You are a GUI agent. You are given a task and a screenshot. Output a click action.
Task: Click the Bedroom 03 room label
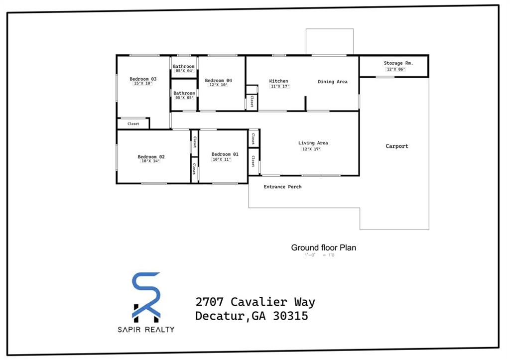tap(143, 79)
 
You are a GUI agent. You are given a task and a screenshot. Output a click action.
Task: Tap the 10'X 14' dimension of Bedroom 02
tap(151, 161)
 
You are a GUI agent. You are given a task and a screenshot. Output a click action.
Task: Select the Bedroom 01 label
tap(225, 154)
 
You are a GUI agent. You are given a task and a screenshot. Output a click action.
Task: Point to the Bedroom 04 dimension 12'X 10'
tap(218, 85)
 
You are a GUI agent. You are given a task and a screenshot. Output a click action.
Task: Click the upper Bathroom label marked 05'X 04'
tap(184, 67)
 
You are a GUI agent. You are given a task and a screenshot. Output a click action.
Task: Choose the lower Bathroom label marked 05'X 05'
tap(184, 94)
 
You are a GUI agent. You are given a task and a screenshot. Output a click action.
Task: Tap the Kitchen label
tap(278, 81)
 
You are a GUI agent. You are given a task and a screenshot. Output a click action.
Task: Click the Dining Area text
tap(333, 82)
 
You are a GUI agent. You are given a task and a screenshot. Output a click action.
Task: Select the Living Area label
tap(313, 143)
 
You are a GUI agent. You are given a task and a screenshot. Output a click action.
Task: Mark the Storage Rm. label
tap(398, 63)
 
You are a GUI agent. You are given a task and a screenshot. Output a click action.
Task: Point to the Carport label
tap(396, 146)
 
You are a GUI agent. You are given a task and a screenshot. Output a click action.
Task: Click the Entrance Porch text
tap(282, 187)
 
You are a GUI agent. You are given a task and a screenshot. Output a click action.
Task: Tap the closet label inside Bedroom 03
tap(133, 123)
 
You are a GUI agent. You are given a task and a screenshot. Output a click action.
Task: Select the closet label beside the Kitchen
tap(252, 102)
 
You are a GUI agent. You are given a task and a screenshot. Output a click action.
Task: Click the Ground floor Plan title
tap(323, 247)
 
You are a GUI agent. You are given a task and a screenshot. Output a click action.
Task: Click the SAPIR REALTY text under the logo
tap(146, 329)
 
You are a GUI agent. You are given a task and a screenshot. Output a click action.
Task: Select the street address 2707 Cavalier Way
tap(255, 302)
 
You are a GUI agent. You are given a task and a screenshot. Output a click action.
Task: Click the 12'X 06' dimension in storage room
tap(395, 69)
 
